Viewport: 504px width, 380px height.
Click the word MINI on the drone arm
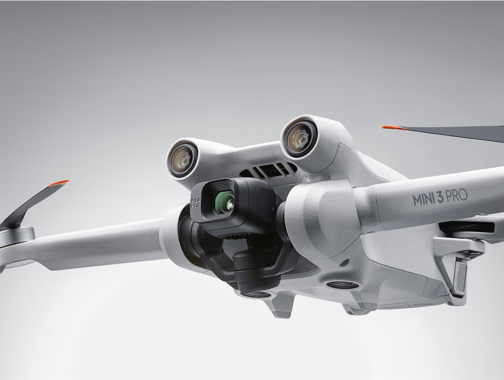point(423,199)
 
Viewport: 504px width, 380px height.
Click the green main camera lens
point(225,202)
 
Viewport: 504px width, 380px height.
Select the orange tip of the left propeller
point(59,183)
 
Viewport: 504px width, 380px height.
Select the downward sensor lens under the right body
point(342,285)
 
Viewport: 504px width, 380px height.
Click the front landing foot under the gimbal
point(280,308)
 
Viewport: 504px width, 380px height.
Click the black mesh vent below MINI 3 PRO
point(467,227)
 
